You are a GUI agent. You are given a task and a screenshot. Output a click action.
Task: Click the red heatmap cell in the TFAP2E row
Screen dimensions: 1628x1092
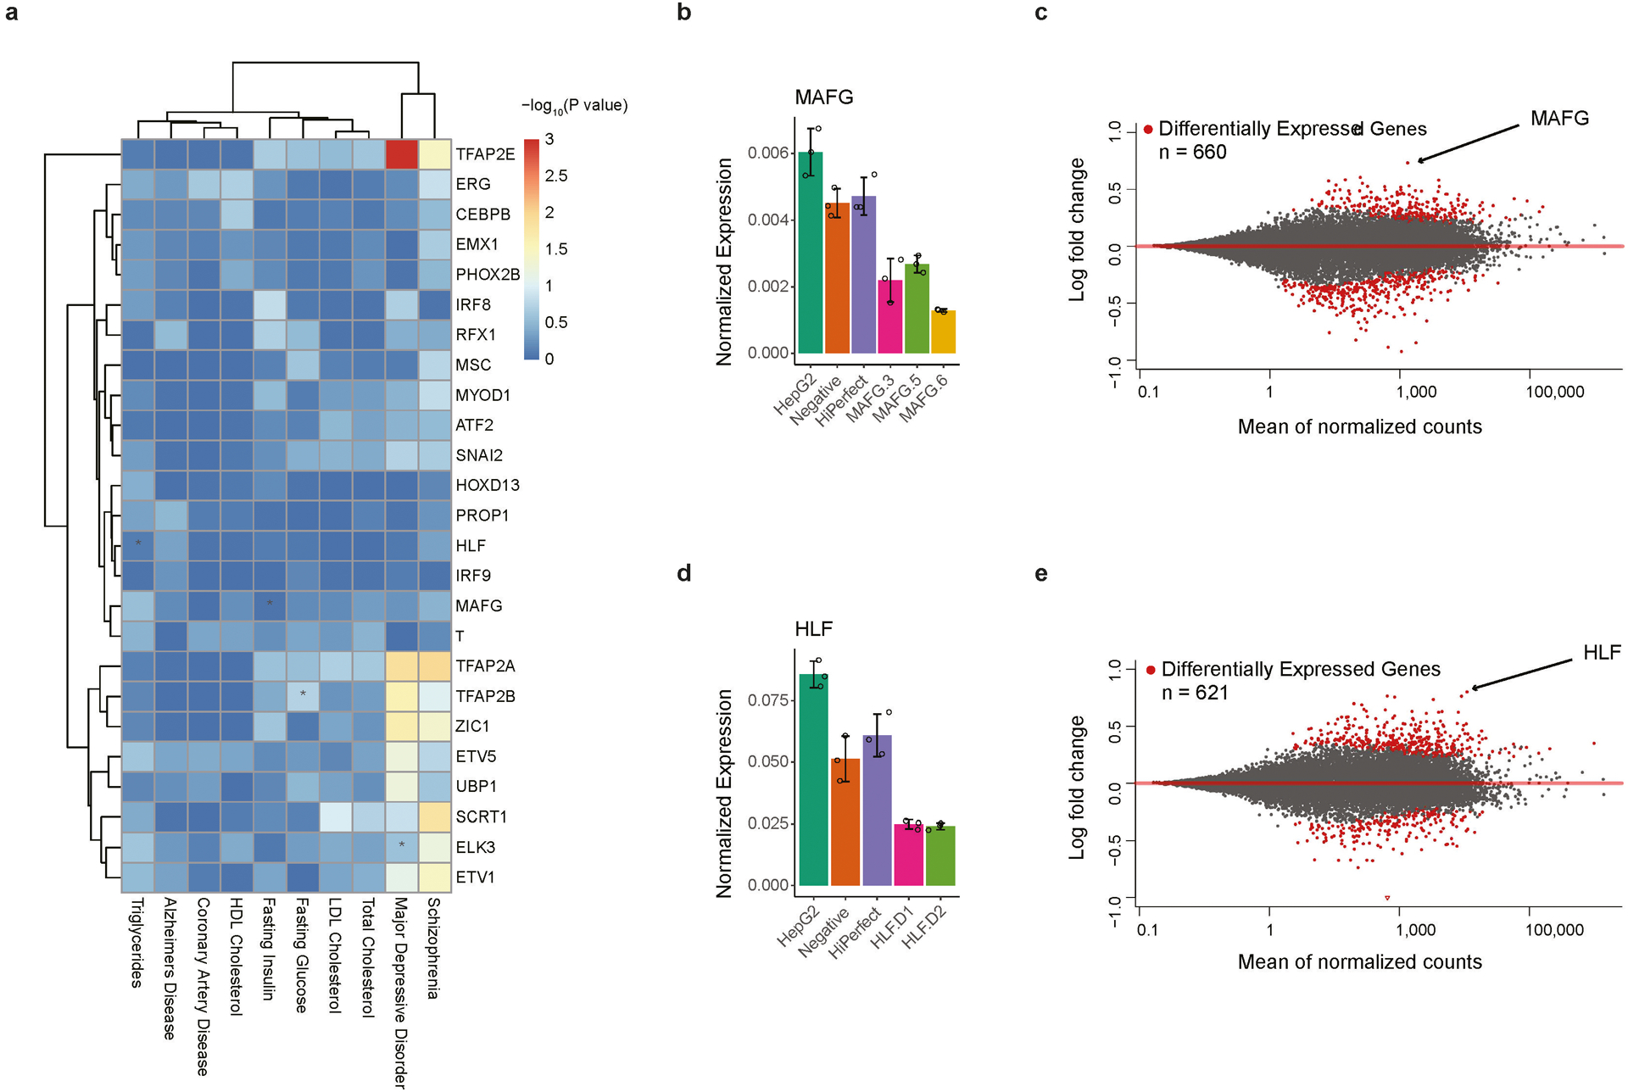point(402,154)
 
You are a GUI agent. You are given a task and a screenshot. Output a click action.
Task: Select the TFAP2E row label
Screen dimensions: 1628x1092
point(485,154)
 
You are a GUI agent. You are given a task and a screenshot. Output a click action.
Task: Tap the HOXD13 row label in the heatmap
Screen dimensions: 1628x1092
point(488,486)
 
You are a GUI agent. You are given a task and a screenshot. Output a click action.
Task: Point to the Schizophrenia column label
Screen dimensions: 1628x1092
point(433,948)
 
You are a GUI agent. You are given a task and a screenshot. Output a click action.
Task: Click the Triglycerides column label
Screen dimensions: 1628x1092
point(137,942)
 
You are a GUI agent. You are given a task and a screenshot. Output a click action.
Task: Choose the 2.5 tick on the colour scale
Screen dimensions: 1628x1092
point(556,176)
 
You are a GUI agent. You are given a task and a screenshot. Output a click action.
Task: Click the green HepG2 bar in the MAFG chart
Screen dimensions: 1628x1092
point(811,253)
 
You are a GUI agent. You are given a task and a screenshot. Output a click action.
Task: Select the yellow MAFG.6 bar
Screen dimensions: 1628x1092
point(944,332)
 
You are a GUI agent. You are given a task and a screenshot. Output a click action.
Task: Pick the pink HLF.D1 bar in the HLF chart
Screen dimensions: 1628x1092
point(909,855)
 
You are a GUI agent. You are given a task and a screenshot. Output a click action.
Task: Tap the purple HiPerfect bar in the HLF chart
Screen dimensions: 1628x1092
point(878,811)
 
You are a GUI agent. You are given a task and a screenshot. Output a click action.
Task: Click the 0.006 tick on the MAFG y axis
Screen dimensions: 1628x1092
point(768,153)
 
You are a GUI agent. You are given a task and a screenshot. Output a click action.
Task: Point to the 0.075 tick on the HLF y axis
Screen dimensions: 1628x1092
point(768,700)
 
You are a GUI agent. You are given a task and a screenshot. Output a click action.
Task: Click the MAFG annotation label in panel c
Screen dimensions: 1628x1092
point(1559,119)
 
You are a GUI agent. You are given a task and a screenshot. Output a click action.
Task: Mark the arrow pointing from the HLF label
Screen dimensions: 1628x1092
point(1522,675)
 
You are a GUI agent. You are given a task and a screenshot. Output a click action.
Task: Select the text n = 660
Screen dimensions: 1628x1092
point(1192,153)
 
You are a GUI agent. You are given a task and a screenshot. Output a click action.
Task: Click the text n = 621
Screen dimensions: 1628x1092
point(1195,694)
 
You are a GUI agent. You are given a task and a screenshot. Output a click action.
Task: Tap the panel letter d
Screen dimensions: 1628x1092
point(684,574)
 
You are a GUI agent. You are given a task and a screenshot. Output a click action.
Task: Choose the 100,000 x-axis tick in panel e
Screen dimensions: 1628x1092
point(1554,930)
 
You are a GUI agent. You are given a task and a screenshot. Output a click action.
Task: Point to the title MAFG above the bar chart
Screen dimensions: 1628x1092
point(824,97)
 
